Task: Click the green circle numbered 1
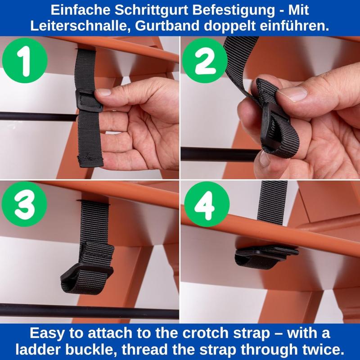tap(25, 60)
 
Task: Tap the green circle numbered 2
tap(205, 60)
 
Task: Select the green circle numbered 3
tap(24, 204)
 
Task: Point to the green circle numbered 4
tap(207, 204)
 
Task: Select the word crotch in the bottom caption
tap(205, 333)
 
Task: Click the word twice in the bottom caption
tap(323, 350)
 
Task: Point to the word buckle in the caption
tap(91, 350)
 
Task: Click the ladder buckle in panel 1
tap(89, 100)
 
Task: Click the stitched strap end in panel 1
tap(90, 161)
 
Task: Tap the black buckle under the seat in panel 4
tap(266, 253)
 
